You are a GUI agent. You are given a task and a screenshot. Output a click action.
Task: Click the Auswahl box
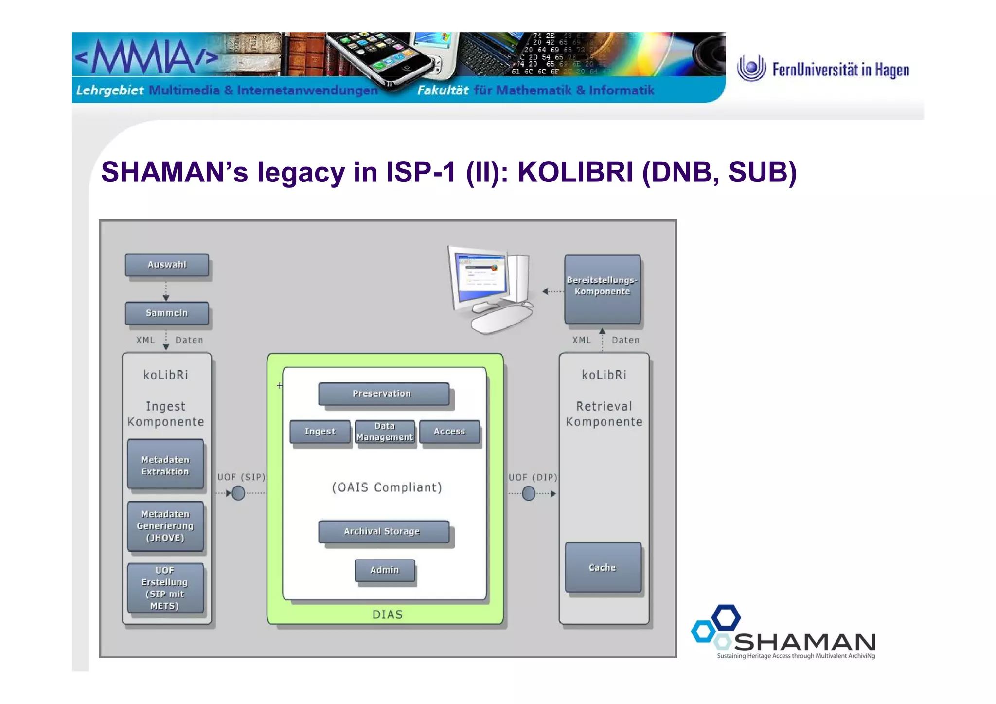coord(167,265)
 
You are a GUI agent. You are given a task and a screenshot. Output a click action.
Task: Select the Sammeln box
coord(167,313)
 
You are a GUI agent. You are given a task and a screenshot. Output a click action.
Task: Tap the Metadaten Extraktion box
coord(165,465)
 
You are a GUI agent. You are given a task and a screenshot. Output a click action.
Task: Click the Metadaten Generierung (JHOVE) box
coord(165,526)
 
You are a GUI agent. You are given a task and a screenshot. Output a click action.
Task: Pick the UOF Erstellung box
coord(165,588)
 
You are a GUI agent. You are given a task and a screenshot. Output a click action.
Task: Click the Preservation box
coord(383,394)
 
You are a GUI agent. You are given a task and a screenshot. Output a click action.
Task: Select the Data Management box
coord(385,432)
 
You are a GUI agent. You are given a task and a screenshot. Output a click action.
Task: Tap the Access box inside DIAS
coord(449,432)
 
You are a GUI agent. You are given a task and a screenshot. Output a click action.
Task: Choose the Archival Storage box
coord(383,531)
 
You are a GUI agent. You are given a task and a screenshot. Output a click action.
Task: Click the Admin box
coord(385,570)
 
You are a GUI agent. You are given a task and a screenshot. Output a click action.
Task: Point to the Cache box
coord(603,567)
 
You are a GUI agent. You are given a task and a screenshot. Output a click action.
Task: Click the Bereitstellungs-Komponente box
coord(602,289)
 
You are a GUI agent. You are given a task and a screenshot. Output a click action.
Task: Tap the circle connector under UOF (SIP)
coord(238,493)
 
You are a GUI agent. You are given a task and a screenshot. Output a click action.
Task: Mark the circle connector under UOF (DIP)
coord(529,493)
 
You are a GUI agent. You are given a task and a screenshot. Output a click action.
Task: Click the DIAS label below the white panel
coord(387,614)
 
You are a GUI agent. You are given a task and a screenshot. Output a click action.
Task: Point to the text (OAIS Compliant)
coord(387,487)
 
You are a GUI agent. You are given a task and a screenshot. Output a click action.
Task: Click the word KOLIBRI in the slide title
coord(575,172)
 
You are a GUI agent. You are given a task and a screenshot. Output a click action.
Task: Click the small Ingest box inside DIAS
coord(320,432)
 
